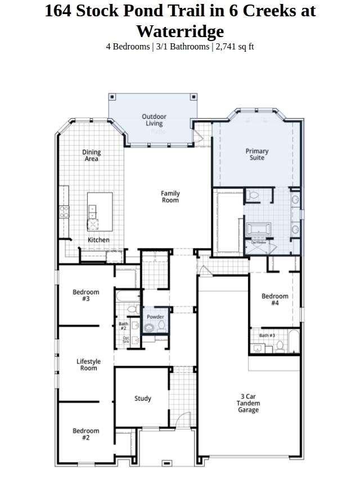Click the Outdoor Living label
pyautogui.click(x=154, y=120)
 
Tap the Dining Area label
pyautogui.click(x=92, y=155)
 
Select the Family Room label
pyautogui.click(x=170, y=197)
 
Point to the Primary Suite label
pyautogui.click(x=256, y=154)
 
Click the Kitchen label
pyautogui.click(x=98, y=240)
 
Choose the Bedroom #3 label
pyautogui.click(x=85, y=295)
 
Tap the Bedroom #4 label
pyautogui.click(x=274, y=299)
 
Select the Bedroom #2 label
pyautogui.click(x=85, y=434)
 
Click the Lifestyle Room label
pyautogui.click(x=88, y=365)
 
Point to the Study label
pyautogui.click(x=142, y=399)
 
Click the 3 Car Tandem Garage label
pyautogui.click(x=247, y=403)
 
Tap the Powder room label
pyautogui.click(x=155, y=317)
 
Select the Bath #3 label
pyautogui.click(x=267, y=336)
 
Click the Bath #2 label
pyautogui.click(x=123, y=326)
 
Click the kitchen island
pyautogui.click(x=100, y=211)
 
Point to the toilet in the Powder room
pyautogui.click(x=161, y=326)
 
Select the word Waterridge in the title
pyautogui.click(x=179, y=31)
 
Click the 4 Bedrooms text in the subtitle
pyautogui.click(x=128, y=47)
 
